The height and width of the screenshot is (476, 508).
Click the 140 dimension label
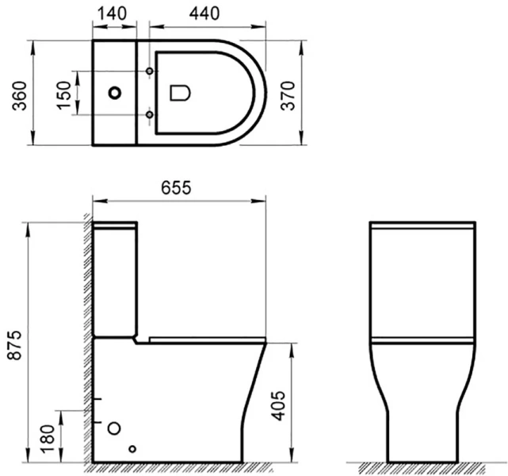coord(114,13)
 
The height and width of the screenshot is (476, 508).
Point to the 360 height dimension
coord(12,94)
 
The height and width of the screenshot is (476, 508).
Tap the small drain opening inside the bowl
coord(181,94)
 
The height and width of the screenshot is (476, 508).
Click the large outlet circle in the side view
coord(113,428)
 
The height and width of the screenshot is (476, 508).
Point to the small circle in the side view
coord(132,449)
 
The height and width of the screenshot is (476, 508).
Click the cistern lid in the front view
coord(422,227)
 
